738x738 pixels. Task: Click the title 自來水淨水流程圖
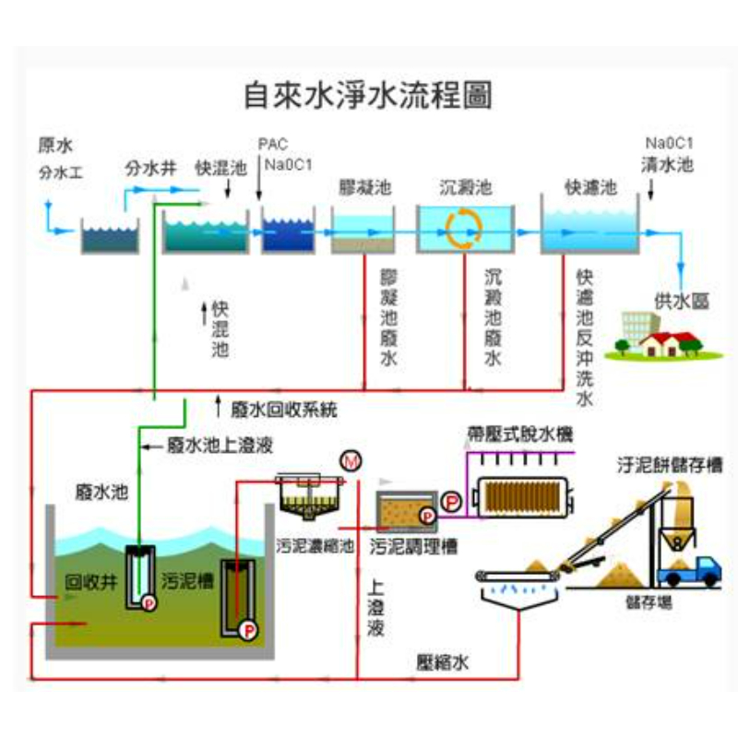tap(367, 95)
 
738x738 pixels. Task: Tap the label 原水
tap(54, 145)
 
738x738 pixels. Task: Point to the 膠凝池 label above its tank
tap(365, 188)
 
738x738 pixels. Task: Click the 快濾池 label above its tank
tap(589, 188)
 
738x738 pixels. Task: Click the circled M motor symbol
tap(350, 460)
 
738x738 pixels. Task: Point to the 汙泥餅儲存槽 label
tap(668, 465)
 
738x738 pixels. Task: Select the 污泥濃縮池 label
tap(315, 545)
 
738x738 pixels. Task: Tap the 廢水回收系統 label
tap(283, 407)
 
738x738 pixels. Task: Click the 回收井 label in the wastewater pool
tap(90, 582)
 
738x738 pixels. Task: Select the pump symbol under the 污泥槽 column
tap(247, 631)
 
